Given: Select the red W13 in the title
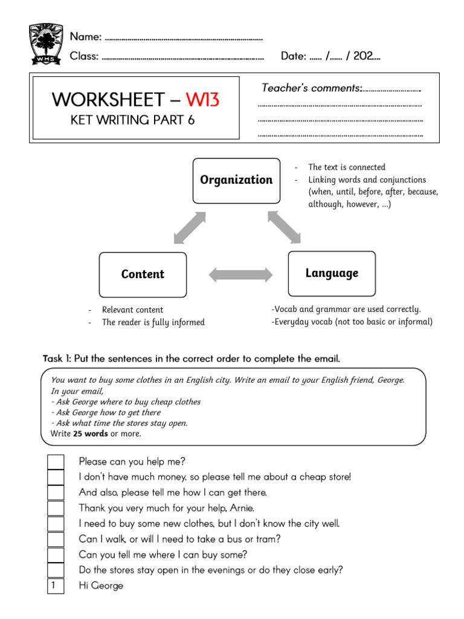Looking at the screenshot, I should click(202, 99).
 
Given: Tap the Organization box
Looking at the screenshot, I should click(236, 180).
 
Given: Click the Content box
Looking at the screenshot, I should click(143, 274).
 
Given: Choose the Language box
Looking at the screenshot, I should click(332, 273).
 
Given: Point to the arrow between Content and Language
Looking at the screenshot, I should click(237, 275).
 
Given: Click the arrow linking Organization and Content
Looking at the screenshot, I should click(188, 227).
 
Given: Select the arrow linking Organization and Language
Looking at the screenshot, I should click(284, 227).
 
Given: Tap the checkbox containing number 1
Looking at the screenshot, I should click(56, 585).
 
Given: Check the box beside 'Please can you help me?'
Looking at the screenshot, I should click(56, 462).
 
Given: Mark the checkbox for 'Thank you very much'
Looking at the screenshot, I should click(56, 508).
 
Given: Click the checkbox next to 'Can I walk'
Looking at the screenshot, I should click(56, 539).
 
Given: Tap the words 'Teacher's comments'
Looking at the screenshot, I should click(311, 88).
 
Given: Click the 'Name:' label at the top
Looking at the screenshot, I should click(86, 37).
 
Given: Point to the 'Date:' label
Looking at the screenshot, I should click(293, 56).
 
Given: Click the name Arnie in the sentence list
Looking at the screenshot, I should click(242, 508).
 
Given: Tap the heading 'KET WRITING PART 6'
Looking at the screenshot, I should click(133, 120).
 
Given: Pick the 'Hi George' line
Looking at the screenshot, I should click(101, 586).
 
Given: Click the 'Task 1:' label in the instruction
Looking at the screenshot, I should click(57, 359).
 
